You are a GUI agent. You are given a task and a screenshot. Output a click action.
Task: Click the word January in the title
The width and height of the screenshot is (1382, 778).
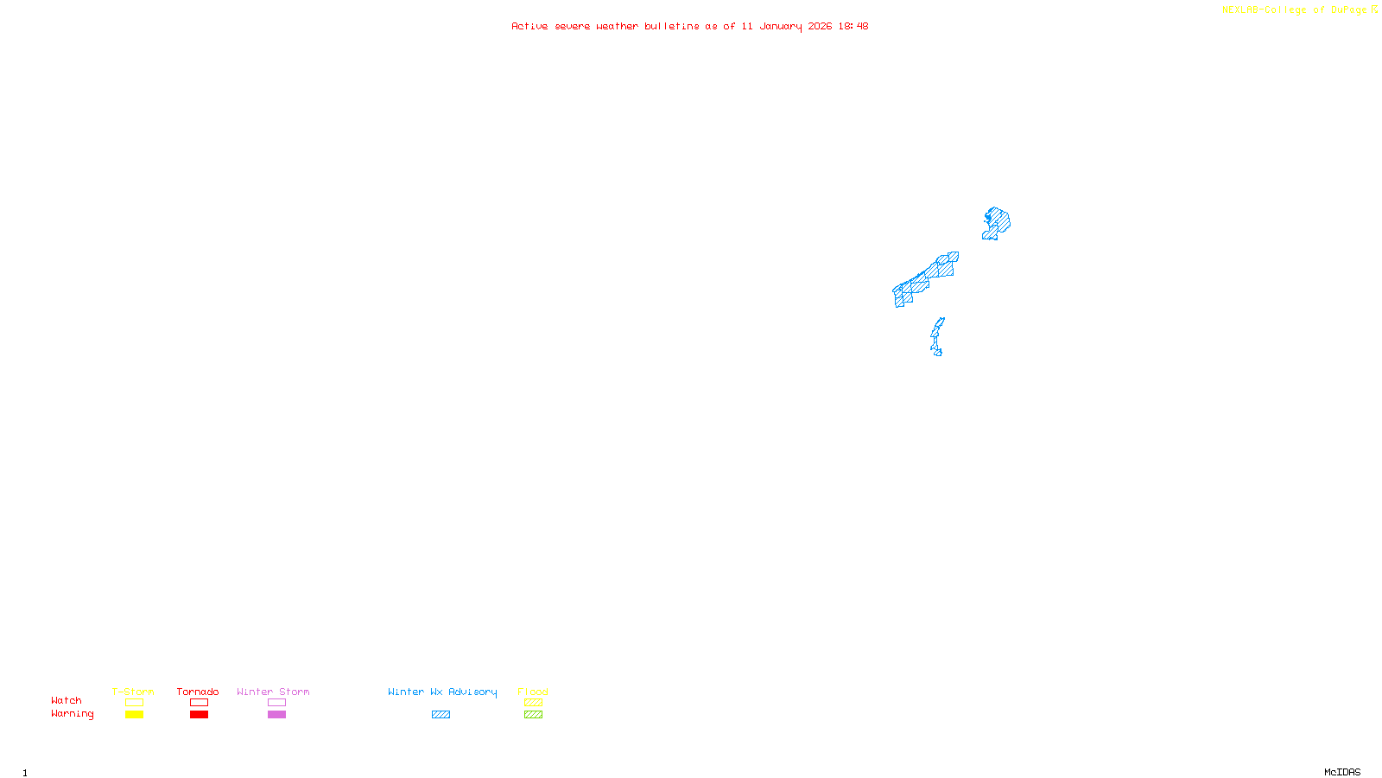click(x=780, y=26)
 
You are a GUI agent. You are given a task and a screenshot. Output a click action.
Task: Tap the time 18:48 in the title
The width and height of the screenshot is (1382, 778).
click(x=853, y=26)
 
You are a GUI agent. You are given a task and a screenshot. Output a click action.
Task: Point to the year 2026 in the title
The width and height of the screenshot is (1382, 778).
click(x=820, y=26)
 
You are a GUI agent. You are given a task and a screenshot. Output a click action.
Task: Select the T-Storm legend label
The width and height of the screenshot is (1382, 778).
click(x=133, y=692)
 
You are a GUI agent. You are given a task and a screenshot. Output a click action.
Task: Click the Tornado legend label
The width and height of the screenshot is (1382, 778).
click(x=198, y=692)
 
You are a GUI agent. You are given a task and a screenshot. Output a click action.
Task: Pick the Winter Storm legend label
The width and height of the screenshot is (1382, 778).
click(x=273, y=692)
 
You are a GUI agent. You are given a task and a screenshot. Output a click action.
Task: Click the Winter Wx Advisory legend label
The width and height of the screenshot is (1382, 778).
click(x=442, y=692)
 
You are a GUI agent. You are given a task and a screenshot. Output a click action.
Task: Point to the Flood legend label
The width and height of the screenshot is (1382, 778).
click(x=533, y=692)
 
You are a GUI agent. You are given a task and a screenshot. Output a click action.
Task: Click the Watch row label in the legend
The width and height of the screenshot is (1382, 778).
click(x=67, y=700)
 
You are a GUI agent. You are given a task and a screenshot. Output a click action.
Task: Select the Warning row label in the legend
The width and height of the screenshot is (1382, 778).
click(x=72, y=714)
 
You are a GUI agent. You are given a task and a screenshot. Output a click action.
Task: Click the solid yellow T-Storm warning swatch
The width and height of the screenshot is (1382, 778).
click(x=134, y=715)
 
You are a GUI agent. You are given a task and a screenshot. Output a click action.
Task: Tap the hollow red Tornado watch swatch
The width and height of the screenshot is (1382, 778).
click(x=199, y=703)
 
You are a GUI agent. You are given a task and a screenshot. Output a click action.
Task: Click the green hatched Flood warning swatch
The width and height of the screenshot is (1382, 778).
click(x=533, y=715)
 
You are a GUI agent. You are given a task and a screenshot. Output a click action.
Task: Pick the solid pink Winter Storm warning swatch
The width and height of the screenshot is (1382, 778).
click(x=276, y=715)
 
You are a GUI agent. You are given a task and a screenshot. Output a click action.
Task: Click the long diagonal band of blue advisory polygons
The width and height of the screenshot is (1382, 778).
click(x=924, y=279)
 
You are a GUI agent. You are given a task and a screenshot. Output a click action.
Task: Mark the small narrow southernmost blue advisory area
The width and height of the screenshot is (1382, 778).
click(x=937, y=337)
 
